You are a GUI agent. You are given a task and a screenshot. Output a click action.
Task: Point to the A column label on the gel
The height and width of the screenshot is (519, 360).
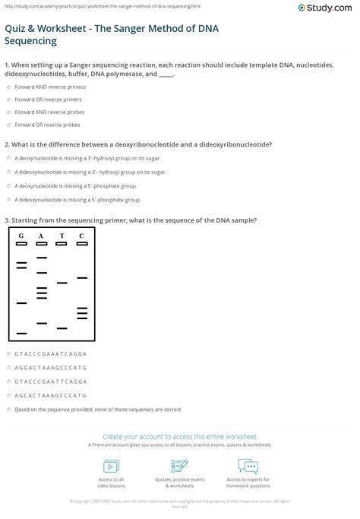tap(42, 236)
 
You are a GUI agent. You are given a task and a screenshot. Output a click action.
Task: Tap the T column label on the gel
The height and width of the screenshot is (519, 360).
tap(62, 236)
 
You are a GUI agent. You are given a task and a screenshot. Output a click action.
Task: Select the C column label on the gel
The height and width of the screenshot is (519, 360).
tap(81, 236)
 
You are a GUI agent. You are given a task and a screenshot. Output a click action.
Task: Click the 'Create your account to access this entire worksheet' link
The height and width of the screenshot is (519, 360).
tap(179, 437)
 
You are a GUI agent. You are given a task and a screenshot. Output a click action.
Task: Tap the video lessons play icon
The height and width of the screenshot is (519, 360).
tap(112, 465)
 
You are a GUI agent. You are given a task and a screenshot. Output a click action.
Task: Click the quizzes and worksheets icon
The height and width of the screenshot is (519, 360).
tap(180, 465)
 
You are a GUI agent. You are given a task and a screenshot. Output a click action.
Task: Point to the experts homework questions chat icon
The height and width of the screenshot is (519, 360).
tap(248, 465)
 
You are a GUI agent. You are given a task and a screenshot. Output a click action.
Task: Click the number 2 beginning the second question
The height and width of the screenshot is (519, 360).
tap(6, 144)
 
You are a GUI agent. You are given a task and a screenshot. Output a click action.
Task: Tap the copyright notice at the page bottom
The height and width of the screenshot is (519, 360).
tap(179, 503)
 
